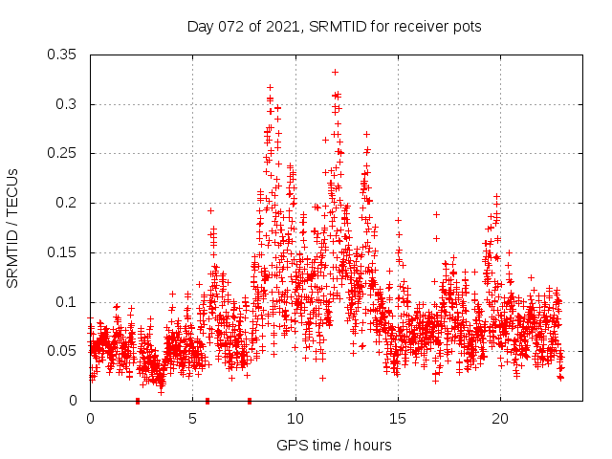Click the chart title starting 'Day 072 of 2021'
(333, 26)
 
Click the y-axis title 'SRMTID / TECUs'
(13, 228)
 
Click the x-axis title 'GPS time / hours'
(334, 446)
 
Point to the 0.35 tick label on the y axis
(62, 55)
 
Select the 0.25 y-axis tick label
(62, 153)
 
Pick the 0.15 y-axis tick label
(62, 252)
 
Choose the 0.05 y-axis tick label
(62, 351)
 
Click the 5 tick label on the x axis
(193, 419)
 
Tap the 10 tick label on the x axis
(295, 419)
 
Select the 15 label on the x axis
(398, 419)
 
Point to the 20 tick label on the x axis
(500, 419)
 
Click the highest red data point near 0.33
(335, 72)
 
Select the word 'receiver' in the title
(421, 26)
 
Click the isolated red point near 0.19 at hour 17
(436, 214)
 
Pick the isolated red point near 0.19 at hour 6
(210, 210)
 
